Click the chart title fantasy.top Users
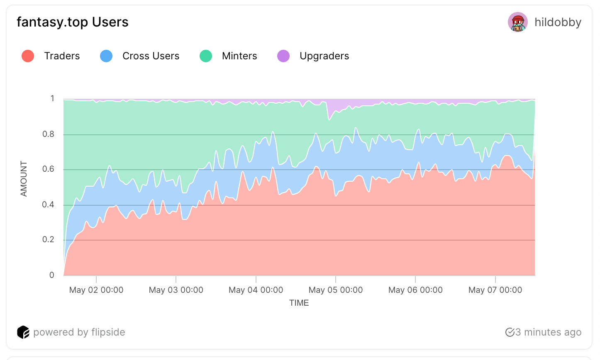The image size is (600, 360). coord(73,22)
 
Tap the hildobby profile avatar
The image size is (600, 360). coord(517,22)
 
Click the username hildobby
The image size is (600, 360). coord(558,22)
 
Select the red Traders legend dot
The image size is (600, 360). coord(28,56)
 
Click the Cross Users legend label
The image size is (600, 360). coord(151,56)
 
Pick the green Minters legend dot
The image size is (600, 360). coord(206,56)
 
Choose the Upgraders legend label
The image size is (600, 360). coord(324,56)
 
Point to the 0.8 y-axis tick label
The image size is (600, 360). coord(49,134)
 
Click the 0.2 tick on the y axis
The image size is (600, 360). coord(49,240)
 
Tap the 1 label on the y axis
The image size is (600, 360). coord(52,99)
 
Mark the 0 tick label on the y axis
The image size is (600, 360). coord(52,275)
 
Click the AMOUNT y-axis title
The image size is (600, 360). coord(24,179)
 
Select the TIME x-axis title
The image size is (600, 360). coord(299,303)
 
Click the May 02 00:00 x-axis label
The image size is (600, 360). coord(96,290)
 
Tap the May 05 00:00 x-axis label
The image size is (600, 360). coord(336,290)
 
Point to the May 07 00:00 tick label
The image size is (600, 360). coord(495,290)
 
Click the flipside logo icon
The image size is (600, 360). coord(23,332)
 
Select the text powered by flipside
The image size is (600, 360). coord(79,332)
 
